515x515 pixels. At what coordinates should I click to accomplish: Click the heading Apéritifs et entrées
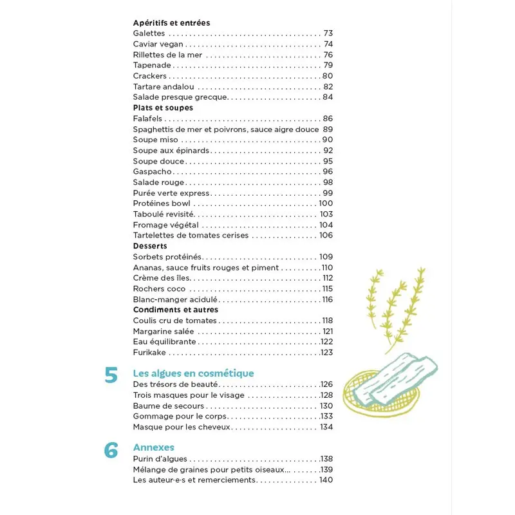[171, 23]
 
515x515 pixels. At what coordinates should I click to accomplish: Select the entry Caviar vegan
[158, 44]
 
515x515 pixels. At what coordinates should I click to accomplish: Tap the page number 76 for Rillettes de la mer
[328, 55]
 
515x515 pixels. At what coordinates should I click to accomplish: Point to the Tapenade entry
[152, 65]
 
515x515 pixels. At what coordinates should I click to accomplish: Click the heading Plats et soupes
[163, 108]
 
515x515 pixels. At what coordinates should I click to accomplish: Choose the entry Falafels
[148, 118]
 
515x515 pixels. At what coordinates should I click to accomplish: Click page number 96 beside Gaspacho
[328, 171]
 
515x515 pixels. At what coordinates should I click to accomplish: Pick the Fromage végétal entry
[165, 225]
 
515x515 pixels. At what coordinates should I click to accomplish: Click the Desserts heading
[150, 246]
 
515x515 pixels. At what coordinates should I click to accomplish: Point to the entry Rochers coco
[159, 288]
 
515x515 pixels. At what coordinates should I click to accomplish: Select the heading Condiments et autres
[175, 310]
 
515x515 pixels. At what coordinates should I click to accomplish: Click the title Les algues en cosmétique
[193, 373]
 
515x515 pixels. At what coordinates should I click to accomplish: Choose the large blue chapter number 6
[111, 451]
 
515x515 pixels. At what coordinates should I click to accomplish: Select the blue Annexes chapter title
[153, 447]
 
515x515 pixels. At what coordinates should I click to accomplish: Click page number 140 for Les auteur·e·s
[326, 480]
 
